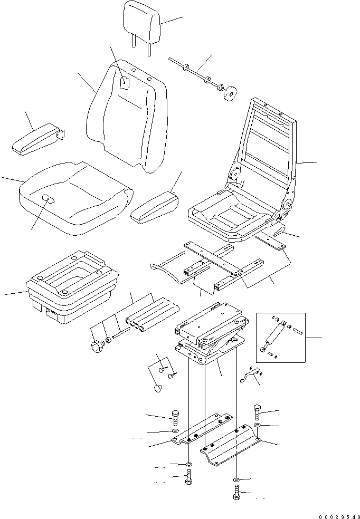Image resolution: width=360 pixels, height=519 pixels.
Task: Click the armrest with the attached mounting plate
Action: click(40, 140)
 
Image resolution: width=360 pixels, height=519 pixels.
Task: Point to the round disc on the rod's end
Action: click(229, 95)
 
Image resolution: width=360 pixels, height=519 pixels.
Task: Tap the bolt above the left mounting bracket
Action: click(175, 417)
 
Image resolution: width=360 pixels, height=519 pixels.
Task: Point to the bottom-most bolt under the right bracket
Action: click(235, 495)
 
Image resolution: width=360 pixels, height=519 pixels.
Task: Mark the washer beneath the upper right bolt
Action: click(257, 425)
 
